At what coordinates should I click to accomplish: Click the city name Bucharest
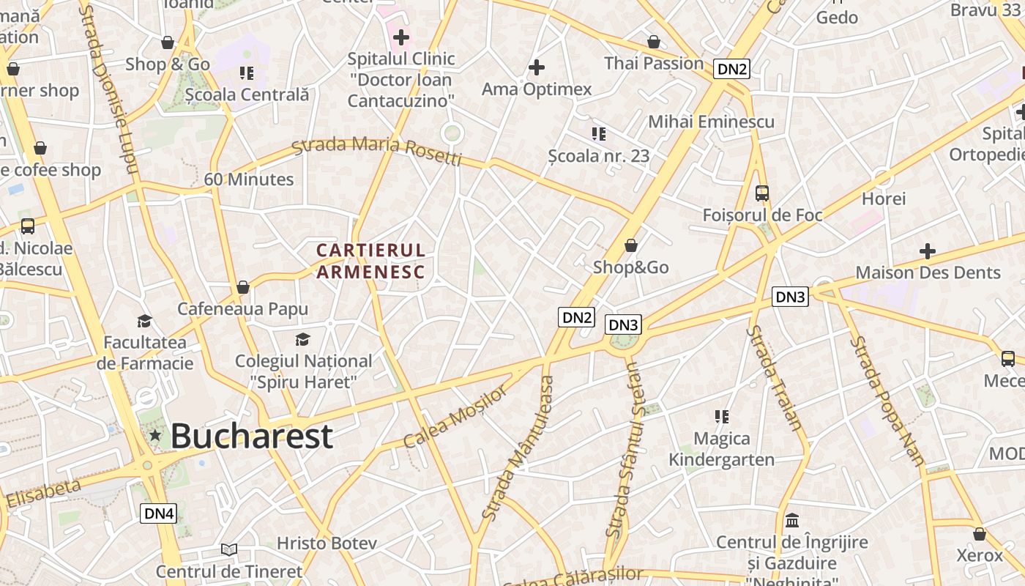[252, 437]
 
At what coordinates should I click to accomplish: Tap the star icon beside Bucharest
[155, 436]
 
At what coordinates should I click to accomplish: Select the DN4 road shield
[158, 513]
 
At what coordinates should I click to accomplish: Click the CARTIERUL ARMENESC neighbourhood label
[370, 262]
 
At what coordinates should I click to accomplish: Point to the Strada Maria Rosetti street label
[377, 150]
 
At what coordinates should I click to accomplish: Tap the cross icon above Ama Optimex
[537, 67]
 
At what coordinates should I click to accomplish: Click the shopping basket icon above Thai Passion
[654, 42]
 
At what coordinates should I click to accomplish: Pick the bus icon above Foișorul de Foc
[762, 193]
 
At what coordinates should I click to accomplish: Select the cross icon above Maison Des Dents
[928, 251]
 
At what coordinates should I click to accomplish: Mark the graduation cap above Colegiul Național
[303, 339]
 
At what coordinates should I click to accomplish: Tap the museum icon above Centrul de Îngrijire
[792, 521]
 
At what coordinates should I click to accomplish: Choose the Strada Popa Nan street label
[887, 401]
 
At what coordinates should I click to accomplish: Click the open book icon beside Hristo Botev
[229, 549]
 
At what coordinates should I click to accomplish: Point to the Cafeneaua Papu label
[242, 309]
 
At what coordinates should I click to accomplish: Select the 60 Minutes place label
[249, 179]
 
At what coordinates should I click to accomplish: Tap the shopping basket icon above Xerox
[980, 534]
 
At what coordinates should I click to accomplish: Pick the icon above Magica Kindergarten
[722, 417]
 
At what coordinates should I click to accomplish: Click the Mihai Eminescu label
[711, 122]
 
